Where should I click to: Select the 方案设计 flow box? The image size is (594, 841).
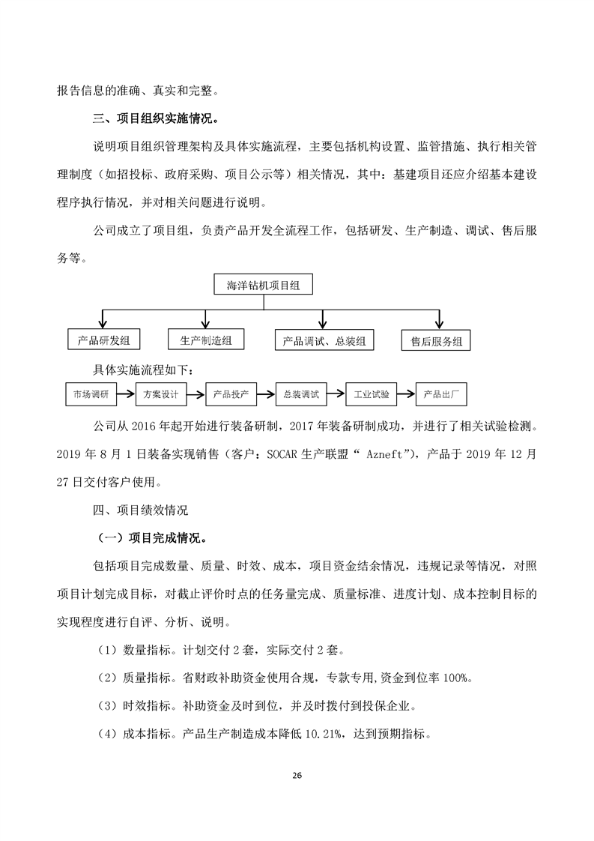click(x=160, y=394)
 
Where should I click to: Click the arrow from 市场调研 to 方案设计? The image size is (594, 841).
click(x=125, y=394)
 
